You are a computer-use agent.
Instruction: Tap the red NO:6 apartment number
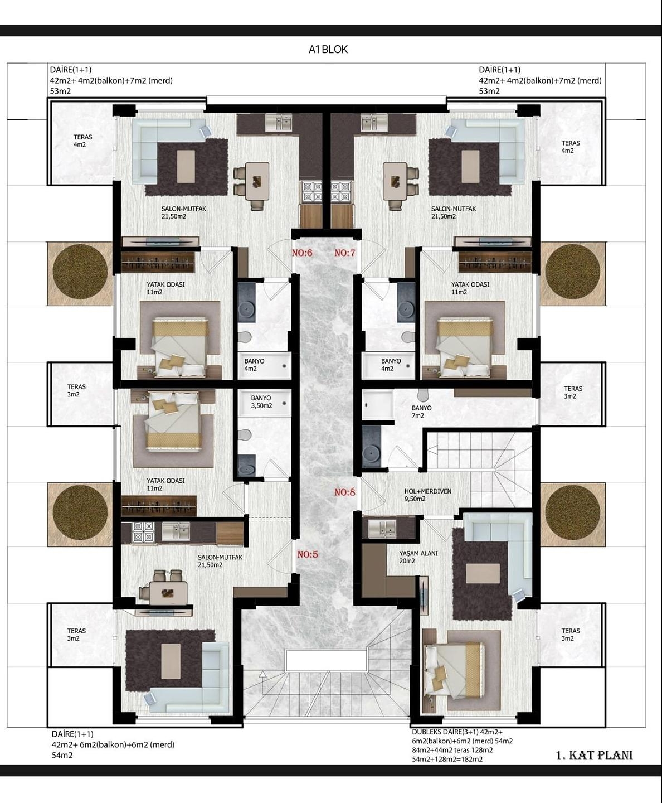302,253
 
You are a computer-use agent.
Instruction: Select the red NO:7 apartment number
344,253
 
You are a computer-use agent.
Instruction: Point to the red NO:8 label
344,492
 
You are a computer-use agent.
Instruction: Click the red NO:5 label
307,554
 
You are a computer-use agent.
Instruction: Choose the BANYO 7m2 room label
421,412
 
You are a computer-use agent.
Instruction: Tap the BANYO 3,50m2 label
261,402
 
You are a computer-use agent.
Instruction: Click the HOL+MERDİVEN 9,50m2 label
427,495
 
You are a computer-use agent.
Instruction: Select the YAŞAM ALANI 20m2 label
418,557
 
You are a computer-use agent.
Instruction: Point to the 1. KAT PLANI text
594,755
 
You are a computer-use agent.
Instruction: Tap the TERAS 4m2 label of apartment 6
82,141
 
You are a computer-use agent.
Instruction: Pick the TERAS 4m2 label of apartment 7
570,147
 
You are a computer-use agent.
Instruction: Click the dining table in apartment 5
165,592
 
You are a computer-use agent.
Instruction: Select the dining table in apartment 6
257,180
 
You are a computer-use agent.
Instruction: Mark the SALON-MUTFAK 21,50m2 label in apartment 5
220,561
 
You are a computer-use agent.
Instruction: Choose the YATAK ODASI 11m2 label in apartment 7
470,288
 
